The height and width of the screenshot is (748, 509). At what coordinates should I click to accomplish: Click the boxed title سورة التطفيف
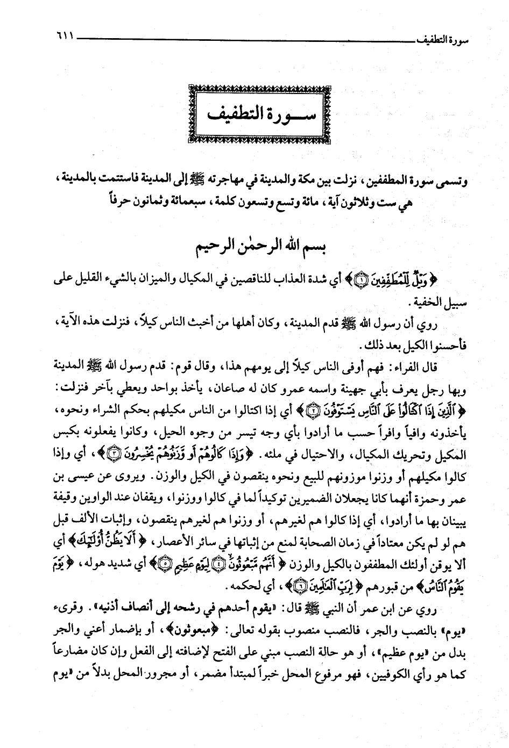(x=254, y=113)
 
